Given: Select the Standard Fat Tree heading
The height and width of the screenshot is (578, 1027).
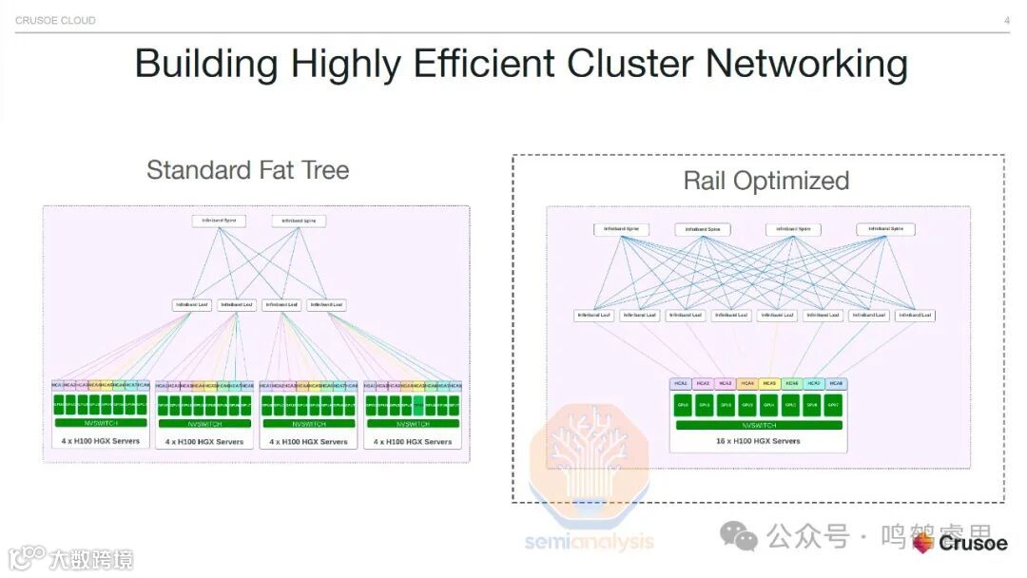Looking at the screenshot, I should pyautogui.click(x=247, y=170).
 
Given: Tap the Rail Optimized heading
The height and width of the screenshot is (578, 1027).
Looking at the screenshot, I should pyautogui.click(x=765, y=181).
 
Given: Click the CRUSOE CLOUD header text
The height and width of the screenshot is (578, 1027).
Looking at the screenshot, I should pyautogui.click(x=55, y=20).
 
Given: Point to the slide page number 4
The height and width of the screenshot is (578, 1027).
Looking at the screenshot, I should pyautogui.click(x=1007, y=20).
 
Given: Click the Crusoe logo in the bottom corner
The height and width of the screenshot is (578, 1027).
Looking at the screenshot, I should pyautogui.click(x=960, y=543).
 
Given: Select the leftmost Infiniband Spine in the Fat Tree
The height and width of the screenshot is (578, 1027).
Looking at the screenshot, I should pyautogui.click(x=219, y=221).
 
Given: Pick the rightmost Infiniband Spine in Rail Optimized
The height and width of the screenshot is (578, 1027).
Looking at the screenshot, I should pyautogui.click(x=885, y=229).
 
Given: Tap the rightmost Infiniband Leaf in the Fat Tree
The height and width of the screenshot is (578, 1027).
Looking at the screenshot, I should pyautogui.click(x=326, y=305).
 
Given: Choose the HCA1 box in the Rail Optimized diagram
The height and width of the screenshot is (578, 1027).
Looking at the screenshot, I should pyautogui.click(x=681, y=383).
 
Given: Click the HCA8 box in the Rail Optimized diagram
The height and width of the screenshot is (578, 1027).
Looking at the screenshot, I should pyautogui.click(x=836, y=383).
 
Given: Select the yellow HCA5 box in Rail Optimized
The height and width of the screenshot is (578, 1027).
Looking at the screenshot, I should pyautogui.click(x=769, y=383).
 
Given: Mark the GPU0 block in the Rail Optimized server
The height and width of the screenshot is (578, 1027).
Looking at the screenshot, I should pyautogui.click(x=683, y=404).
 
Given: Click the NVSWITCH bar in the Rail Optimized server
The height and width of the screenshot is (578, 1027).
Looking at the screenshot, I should pyautogui.click(x=758, y=425).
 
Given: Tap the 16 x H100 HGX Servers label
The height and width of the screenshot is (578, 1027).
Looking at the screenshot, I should pyautogui.click(x=758, y=441).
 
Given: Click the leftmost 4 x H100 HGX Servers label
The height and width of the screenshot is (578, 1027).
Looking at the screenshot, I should pyautogui.click(x=100, y=441).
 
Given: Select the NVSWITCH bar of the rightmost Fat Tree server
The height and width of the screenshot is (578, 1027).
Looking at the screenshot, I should pyautogui.click(x=413, y=423).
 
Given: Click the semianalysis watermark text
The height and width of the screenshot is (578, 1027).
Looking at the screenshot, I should pyautogui.click(x=590, y=542).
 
